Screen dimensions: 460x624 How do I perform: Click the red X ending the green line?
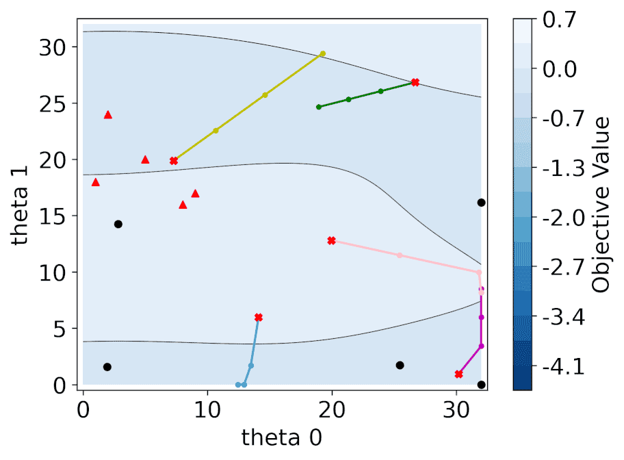point(415,82)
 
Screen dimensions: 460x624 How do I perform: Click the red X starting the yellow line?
point(174,161)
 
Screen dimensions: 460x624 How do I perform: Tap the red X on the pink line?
point(332,241)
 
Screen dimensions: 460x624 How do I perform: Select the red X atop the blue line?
point(259,318)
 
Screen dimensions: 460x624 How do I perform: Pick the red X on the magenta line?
point(459,374)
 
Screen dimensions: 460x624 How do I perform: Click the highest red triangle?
point(108,115)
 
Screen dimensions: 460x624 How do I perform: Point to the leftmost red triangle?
point(96,182)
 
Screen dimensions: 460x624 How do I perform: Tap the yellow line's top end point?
point(323,53)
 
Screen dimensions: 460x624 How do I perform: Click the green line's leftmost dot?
point(319,107)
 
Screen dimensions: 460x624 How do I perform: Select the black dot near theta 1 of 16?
point(482,203)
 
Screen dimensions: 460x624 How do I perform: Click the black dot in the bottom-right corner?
point(482,385)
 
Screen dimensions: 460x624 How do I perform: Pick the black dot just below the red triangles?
point(118,224)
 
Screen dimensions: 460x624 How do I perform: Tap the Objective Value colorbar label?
point(601,204)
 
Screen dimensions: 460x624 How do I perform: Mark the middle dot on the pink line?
point(400,255)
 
